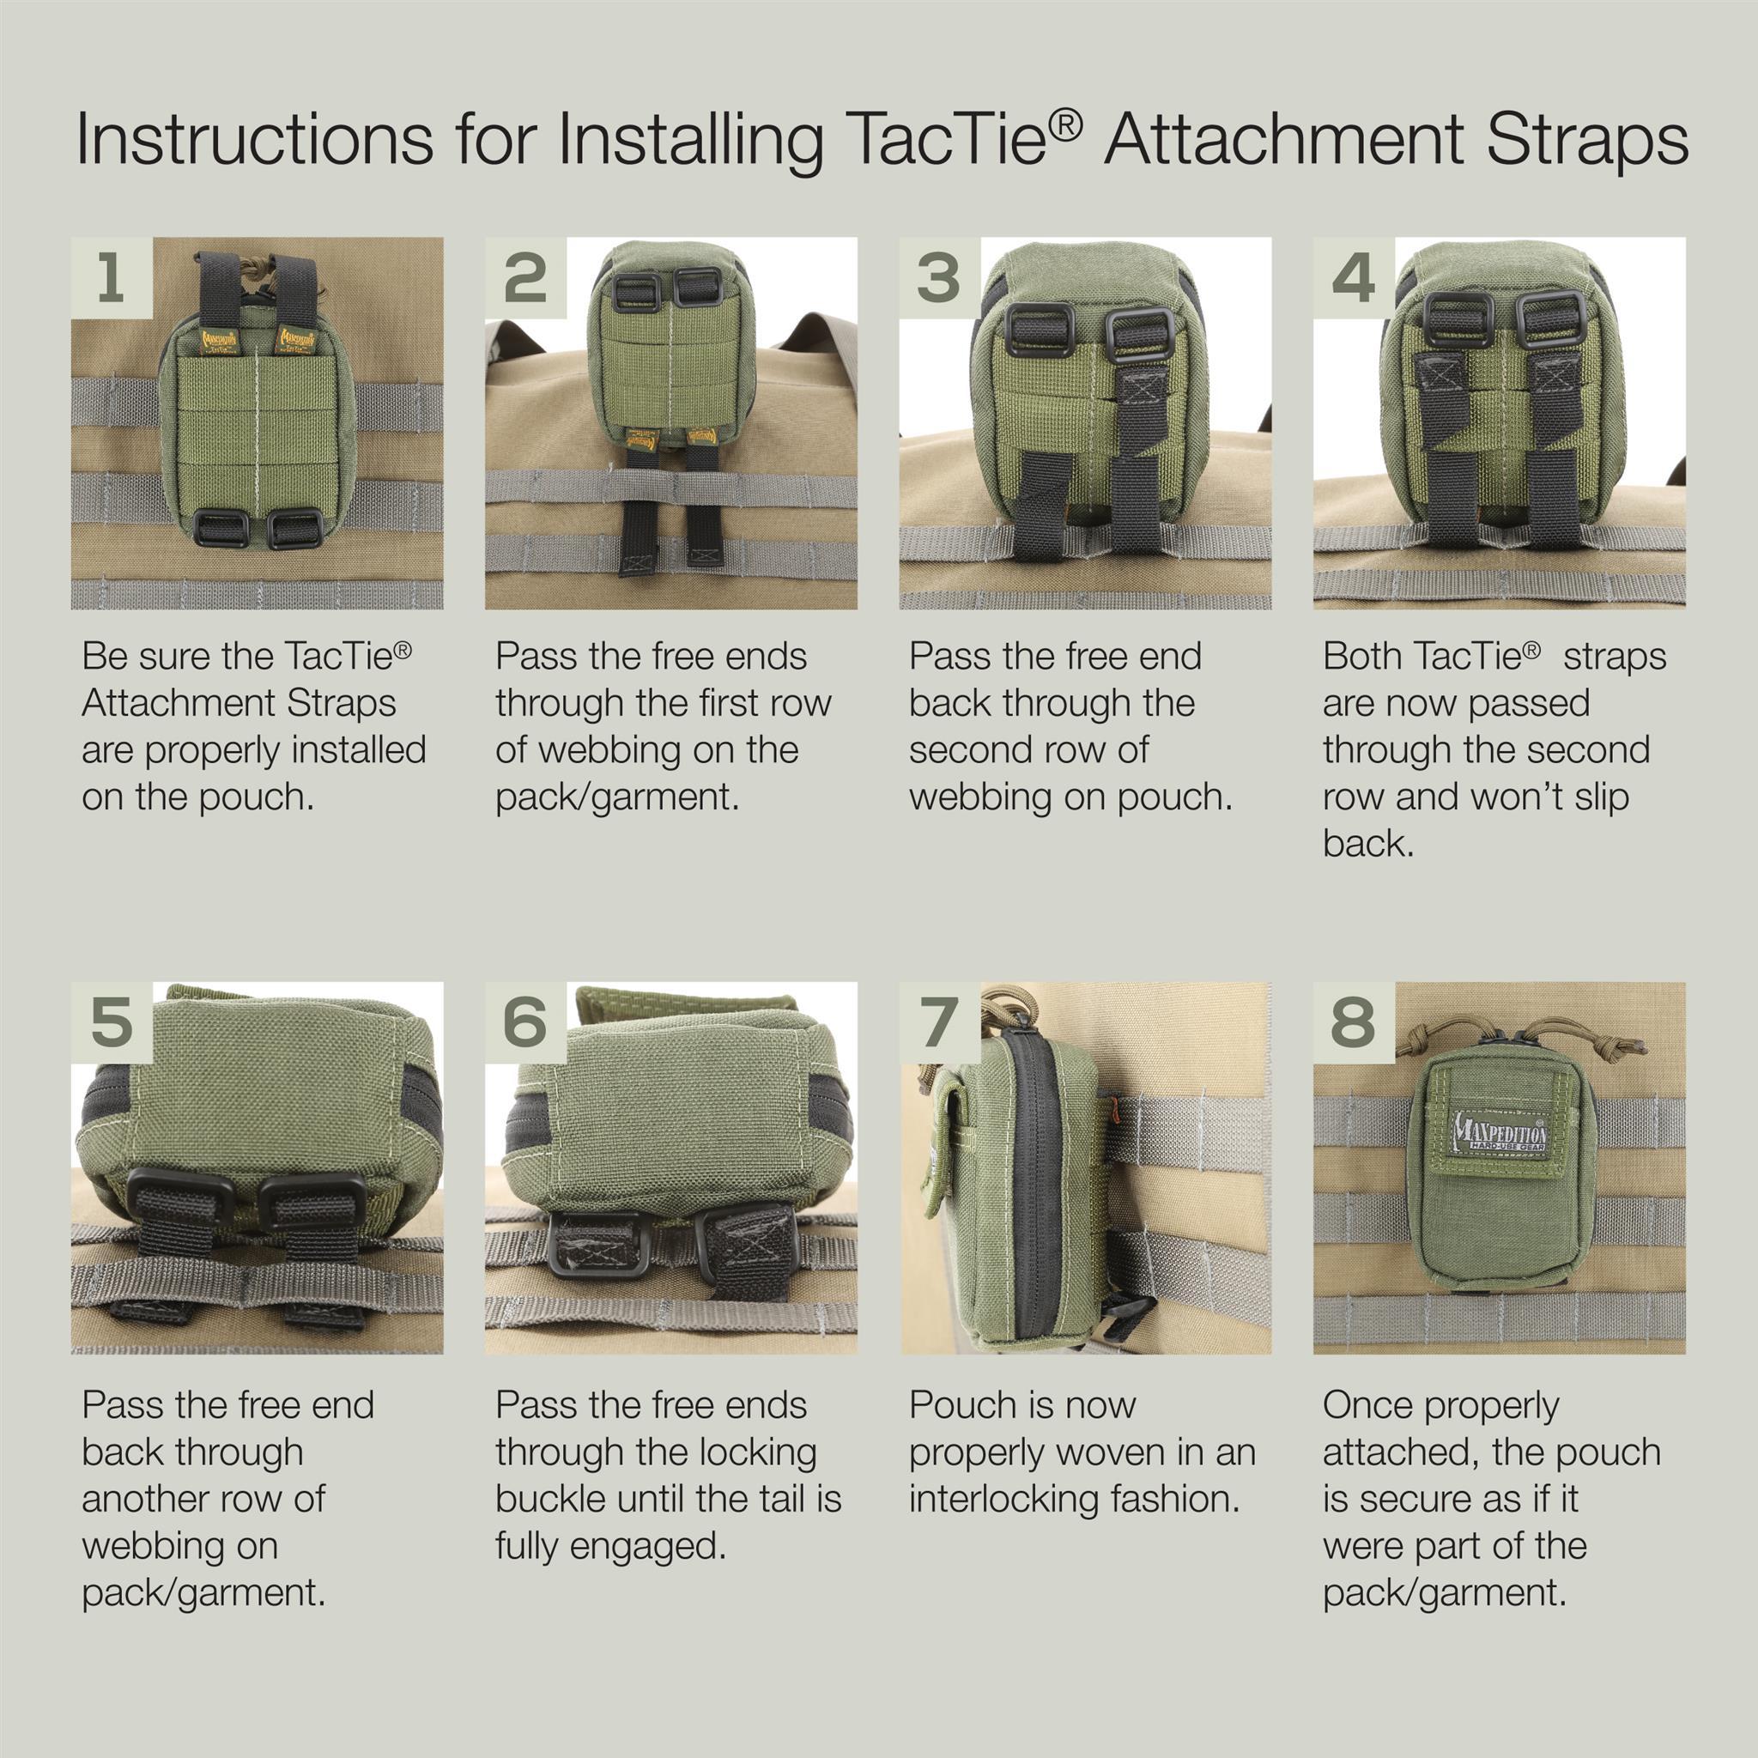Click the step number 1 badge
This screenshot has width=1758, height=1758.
[112, 277]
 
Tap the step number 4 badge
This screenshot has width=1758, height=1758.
[1353, 277]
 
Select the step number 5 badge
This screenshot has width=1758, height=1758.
[112, 1022]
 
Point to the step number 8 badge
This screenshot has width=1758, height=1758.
[1353, 1022]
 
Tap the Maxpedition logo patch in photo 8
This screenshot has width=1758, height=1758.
[1500, 1133]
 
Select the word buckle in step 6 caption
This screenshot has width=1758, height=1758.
[550, 1499]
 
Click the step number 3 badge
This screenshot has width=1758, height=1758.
[940, 277]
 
